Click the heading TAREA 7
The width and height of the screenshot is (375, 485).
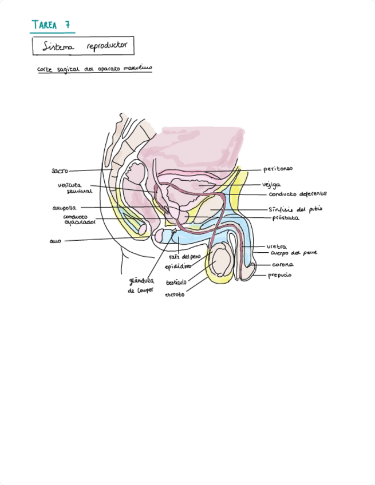pyautogui.click(x=52, y=25)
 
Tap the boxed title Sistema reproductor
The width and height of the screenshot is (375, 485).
pyautogui.click(x=84, y=46)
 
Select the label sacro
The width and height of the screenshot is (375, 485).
pyautogui.click(x=60, y=170)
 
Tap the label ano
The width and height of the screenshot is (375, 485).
pyautogui.click(x=55, y=241)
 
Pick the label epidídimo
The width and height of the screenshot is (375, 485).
pyautogui.click(x=178, y=267)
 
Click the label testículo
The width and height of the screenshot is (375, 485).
pyautogui.click(x=177, y=283)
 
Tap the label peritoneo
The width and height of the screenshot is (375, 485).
pyautogui.click(x=278, y=169)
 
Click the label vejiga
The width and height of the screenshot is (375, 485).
pyautogui.click(x=271, y=184)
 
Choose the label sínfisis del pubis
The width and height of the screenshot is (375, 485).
pyautogui.click(x=295, y=209)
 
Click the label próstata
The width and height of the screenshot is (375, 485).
pyautogui.click(x=286, y=218)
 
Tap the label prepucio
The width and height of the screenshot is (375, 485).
pyautogui.click(x=280, y=276)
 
